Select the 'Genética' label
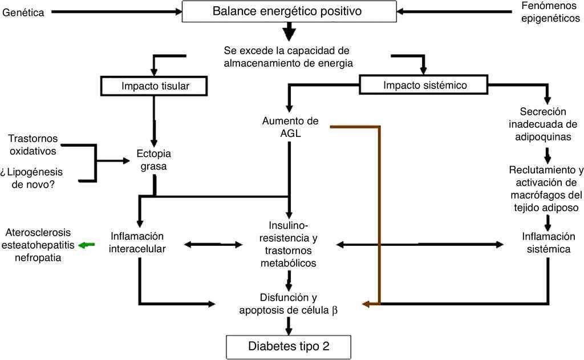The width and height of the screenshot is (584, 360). coord(23,12)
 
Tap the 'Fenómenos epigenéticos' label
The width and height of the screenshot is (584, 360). coord(547,11)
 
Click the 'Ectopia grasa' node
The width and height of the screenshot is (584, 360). coord(154,160)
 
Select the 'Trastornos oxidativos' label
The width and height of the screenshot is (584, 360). coord(33,145)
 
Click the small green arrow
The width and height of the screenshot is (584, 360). coord(86,245)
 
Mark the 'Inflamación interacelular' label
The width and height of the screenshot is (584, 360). coord(139,242)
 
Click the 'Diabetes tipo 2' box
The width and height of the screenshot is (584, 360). coord(289,345)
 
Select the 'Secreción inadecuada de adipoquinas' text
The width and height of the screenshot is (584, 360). coord(546,124)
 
